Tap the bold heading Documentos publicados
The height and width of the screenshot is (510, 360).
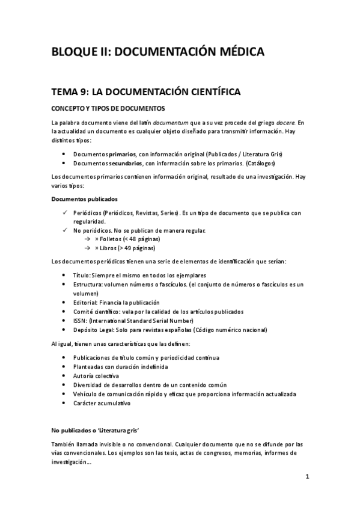click(x=85, y=198)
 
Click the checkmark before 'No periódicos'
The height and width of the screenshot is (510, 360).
click(x=65, y=230)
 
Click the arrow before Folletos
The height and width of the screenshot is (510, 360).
click(x=88, y=239)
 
